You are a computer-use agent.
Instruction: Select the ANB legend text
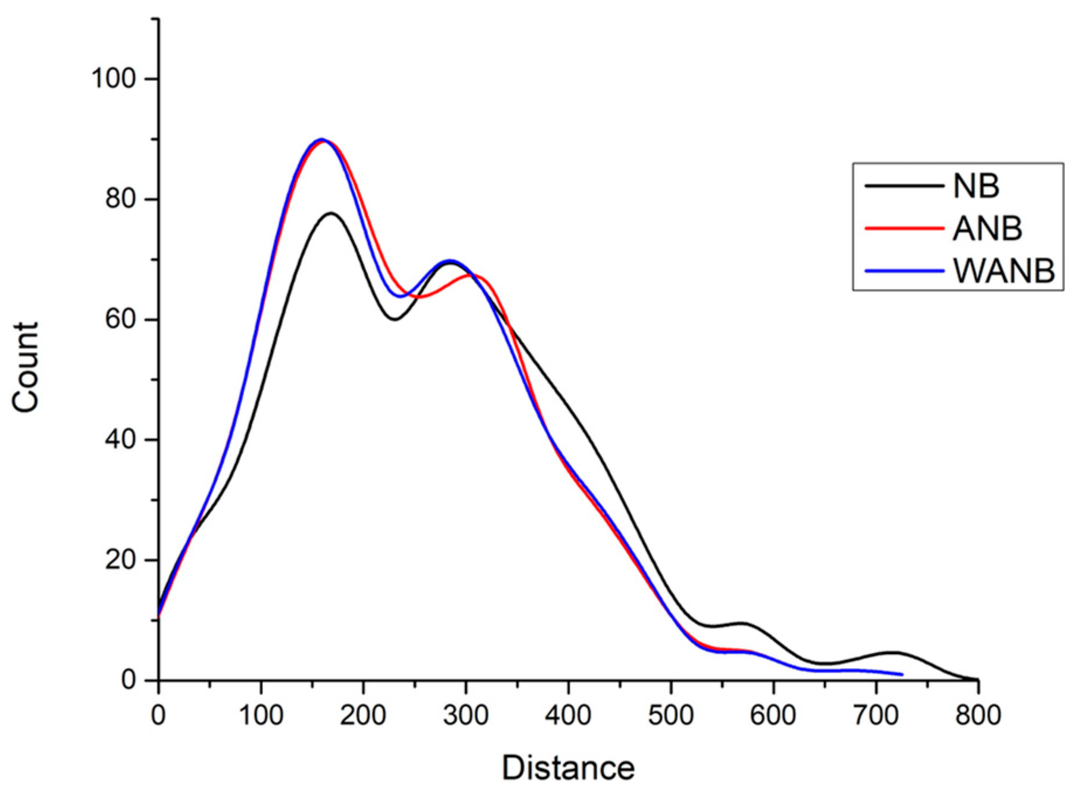[x=987, y=228]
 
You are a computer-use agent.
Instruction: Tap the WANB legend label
[x=1004, y=271]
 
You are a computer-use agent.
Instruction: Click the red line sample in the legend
[x=904, y=228]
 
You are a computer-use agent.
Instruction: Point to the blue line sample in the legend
[x=904, y=271]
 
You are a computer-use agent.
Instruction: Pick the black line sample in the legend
[x=904, y=186]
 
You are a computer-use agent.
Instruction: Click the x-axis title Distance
[x=568, y=767]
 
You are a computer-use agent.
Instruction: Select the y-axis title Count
[x=25, y=367]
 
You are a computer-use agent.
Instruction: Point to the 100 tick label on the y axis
[x=113, y=78]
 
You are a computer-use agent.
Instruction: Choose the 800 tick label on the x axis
[x=978, y=715]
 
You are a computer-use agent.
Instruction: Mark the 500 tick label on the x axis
[x=670, y=715]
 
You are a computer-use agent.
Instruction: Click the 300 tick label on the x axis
[x=465, y=715]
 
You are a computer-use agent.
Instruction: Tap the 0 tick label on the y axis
[x=129, y=679]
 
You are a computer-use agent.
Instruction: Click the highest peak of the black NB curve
[x=331, y=213]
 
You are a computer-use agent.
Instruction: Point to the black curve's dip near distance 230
[x=395, y=319]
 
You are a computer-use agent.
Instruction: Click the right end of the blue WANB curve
[x=902, y=674]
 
